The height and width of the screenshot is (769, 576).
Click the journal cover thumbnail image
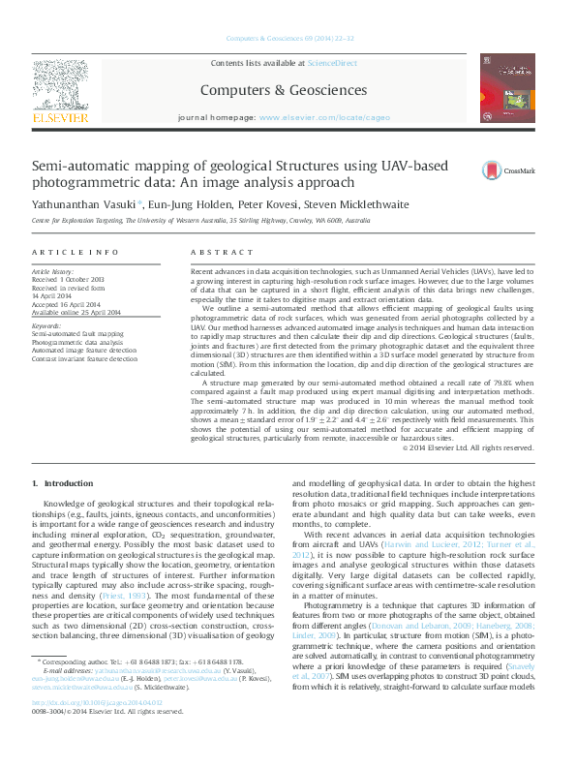pos(506,93)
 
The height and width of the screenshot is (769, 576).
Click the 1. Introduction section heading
pos(63,483)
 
